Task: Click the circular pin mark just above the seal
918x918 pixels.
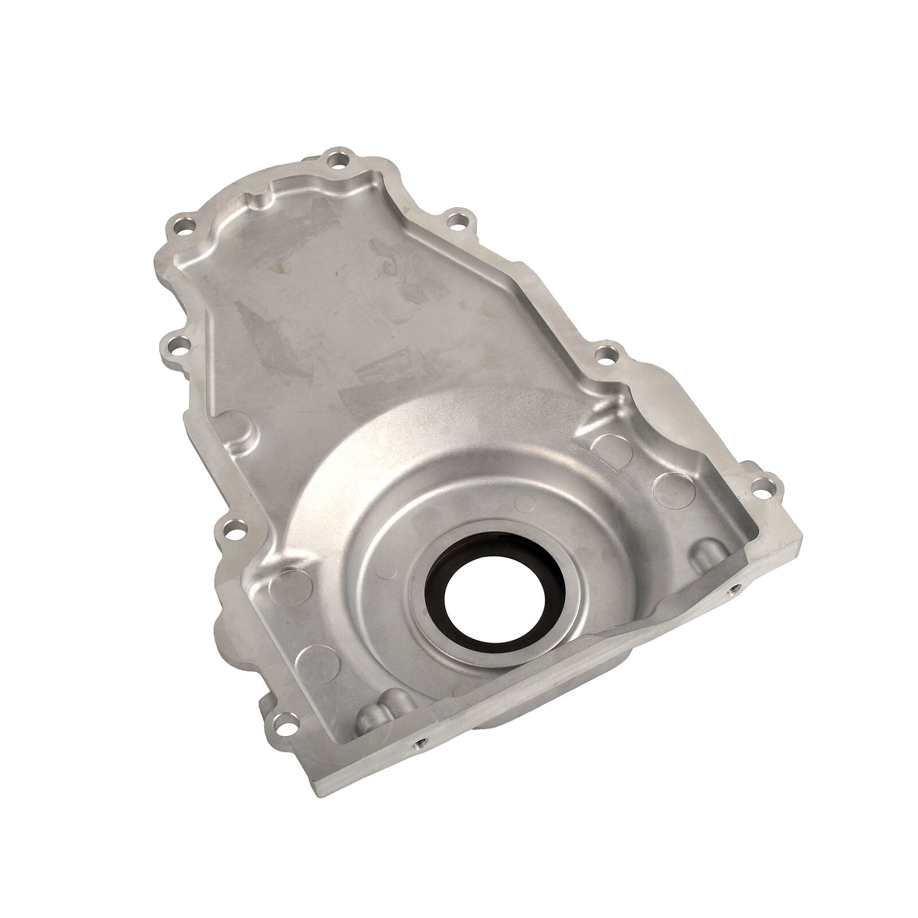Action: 522,503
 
